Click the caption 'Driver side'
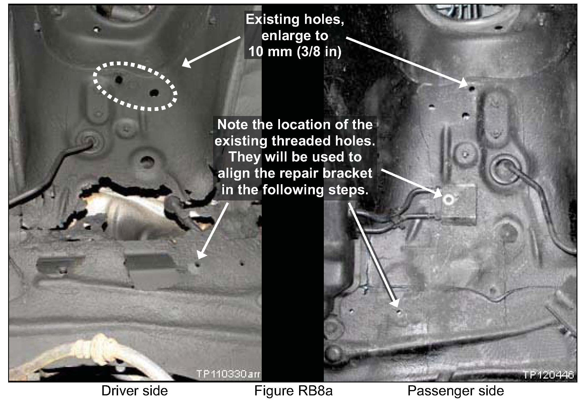tap(135, 391)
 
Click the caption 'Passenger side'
tap(456, 391)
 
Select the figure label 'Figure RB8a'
tap(293, 391)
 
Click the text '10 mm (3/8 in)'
tap(295, 52)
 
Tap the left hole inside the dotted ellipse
tap(118, 80)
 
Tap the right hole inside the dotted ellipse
tap(154, 92)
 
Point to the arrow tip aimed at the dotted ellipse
tap(183, 67)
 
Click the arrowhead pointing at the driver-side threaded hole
tap(198, 258)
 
